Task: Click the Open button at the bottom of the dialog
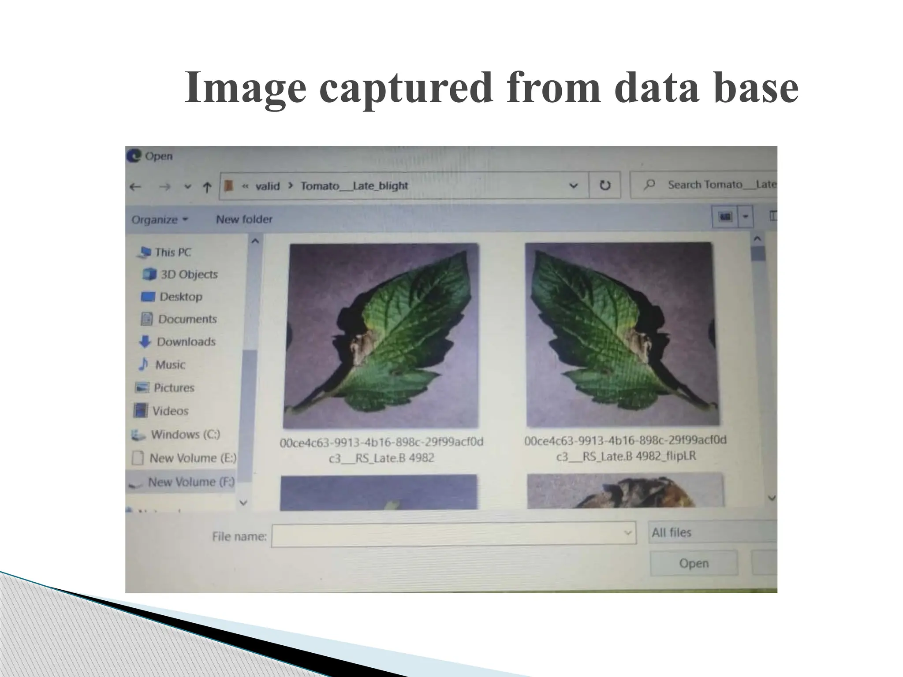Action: coord(694,563)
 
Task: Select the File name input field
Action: coord(453,535)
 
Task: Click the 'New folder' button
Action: coord(244,219)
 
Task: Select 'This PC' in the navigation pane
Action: coord(172,252)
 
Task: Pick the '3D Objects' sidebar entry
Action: coord(189,274)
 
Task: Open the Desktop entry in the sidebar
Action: coord(180,297)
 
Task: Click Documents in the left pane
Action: coord(187,319)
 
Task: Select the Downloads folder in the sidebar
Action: coord(186,342)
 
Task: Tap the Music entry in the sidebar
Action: coord(170,365)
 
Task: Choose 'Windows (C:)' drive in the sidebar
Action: coord(185,434)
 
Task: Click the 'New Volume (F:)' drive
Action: coord(190,482)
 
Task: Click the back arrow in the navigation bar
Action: coord(135,187)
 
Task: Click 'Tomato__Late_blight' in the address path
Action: coord(354,186)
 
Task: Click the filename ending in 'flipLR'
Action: coord(625,448)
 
